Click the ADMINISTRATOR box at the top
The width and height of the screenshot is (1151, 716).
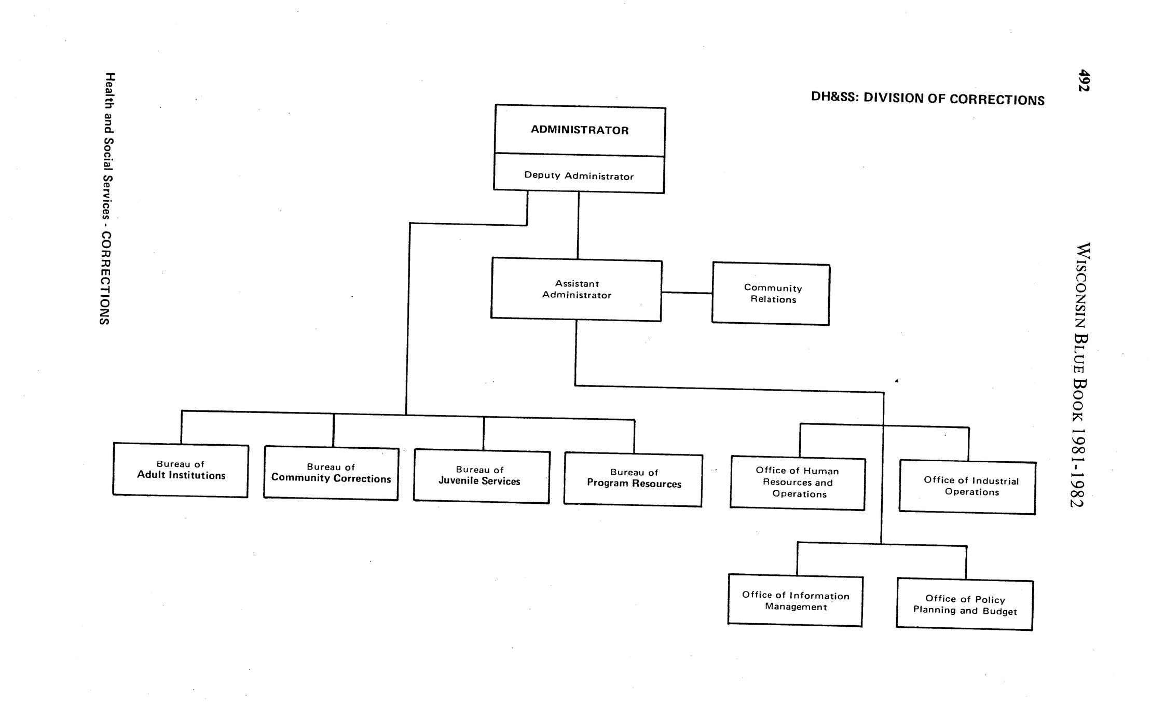tap(580, 130)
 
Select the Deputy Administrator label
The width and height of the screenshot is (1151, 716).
tap(579, 176)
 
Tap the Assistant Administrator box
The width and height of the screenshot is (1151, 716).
tap(576, 290)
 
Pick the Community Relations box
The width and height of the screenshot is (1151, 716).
tap(771, 294)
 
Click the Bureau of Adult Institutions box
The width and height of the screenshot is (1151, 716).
tap(181, 470)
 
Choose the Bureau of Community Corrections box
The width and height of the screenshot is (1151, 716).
tap(331, 473)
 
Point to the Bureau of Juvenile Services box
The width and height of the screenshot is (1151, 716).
tap(482, 476)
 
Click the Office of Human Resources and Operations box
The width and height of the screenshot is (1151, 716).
tap(798, 483)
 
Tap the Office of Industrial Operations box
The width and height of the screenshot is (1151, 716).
tap(967, 487)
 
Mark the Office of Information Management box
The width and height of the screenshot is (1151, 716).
tap(795, 600)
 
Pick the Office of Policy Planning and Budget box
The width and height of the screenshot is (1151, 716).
tap(965, 605)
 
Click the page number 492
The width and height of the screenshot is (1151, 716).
tap(1083, 80)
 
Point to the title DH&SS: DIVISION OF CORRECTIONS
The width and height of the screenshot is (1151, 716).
tap(928, 99)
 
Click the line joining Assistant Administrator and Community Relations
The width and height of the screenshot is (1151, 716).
tap(687, 293)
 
